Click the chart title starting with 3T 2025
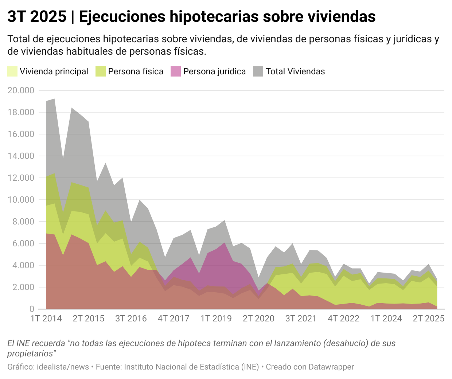pos(191,16)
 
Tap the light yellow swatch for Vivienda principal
pos(12,71)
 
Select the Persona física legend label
pos(136,71)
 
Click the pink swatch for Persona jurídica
pos(176,71)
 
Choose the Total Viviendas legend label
pos(295,71)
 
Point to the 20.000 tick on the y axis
pos(21,90)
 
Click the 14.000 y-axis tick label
pos(21,156)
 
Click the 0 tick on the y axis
pos(32,309)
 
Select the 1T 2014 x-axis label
pos(46,319)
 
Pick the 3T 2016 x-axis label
pos(131,319)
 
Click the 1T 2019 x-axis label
pos(216,319)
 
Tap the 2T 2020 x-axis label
pos(258,319)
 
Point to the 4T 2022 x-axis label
pos(343,319)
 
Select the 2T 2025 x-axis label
pos(428,319)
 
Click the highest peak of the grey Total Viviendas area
pos(54,99)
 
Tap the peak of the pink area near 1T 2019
pos(225,243)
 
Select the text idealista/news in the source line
pos(63,367)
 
